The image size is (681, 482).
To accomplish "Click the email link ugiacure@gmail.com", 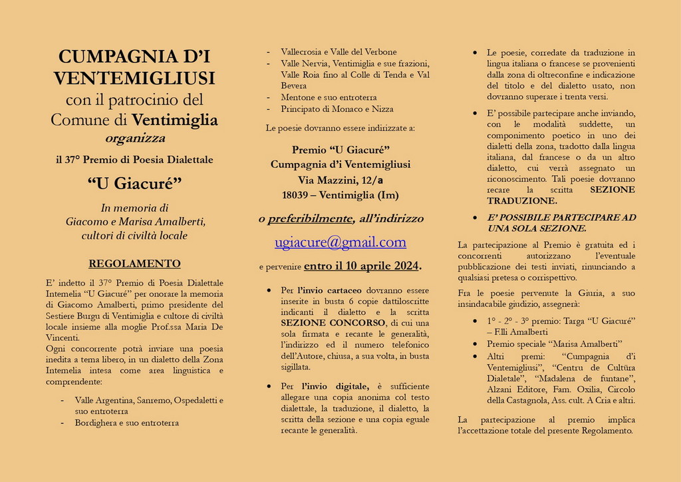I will point(340,242).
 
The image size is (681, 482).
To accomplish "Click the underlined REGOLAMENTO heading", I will point(134,264).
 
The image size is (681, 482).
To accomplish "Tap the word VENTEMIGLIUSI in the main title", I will point(134,79).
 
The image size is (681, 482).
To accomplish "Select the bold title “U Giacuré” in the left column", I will point(134,182).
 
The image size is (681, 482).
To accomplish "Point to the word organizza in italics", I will point(135,138).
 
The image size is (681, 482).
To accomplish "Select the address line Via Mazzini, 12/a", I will point(340,180).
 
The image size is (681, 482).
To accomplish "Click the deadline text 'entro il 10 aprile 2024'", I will point(361,266).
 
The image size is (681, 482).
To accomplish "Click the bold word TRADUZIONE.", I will point(521,200).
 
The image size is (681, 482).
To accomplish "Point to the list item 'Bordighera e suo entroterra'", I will point(126,423).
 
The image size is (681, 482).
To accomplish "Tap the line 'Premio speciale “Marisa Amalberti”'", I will point(554,344).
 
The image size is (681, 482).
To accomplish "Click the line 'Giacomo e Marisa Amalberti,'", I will point(135,221).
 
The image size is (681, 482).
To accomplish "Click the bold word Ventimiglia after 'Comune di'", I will point(175,120).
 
